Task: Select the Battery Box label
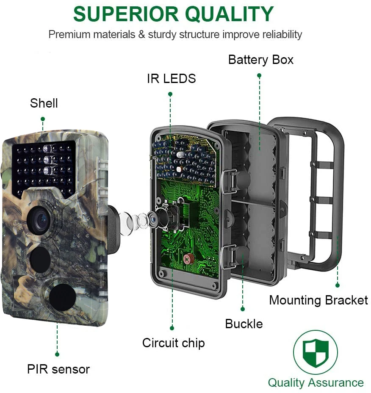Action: pyautogui.click(x=260, y=60)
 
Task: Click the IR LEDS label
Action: pyautogui.click(x=171, y=78)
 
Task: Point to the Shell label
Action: pyautogui.click(x=44, y=103)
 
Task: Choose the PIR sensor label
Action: pyautogui.click(x=58, y=369)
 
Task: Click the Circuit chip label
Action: pyautogui.click(x=173, y=343)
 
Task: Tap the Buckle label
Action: pyautogui.click(x=244, y=324)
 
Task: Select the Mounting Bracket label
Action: pyautogui.click(x=318, y=300)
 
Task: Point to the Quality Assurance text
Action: pyautogui.click(x=316, y=383)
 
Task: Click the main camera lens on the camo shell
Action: pyautogui.click(x=40, y=220)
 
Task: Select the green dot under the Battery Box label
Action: pyautogui.click(x=259, y=75)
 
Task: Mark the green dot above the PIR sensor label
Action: pyautogui.click(x=57, y=354)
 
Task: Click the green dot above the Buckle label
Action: pyautogui.click(x=243, y=309)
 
